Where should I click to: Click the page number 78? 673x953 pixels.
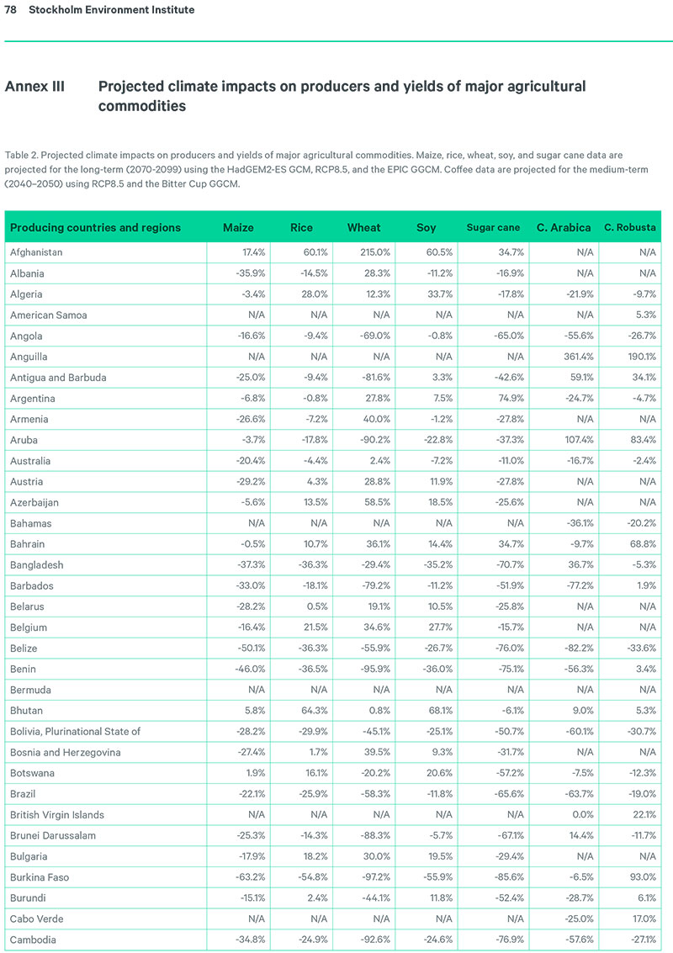pyautogui.click(x=11, y=10)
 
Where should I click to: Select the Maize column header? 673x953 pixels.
pyautogui.click(x=238, y=228)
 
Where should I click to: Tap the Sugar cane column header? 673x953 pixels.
pyautogui.click(x=494, y=228)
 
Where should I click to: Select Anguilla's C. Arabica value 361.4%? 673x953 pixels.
pyautogui.click(x=574, y=357)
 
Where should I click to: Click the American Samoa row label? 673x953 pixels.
pyautogui.click(x=48, y=315)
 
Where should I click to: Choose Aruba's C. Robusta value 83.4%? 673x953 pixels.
pyautogui.click(x=640, y=440)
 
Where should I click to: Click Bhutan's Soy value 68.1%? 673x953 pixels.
pyautogui.click(x=432, y=711)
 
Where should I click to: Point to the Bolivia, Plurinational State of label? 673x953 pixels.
pyautogui.click(x=75, y=732)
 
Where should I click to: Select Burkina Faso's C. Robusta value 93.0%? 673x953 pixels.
pyautogui.click(x=640, y=877)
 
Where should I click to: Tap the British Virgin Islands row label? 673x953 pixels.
pyautogui.click(x=57, y=815)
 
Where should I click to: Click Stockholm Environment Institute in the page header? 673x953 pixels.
pyautogui.click(x=111, y=10)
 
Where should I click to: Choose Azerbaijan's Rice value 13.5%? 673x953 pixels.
pyautogui.click(x=305, y=503)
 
